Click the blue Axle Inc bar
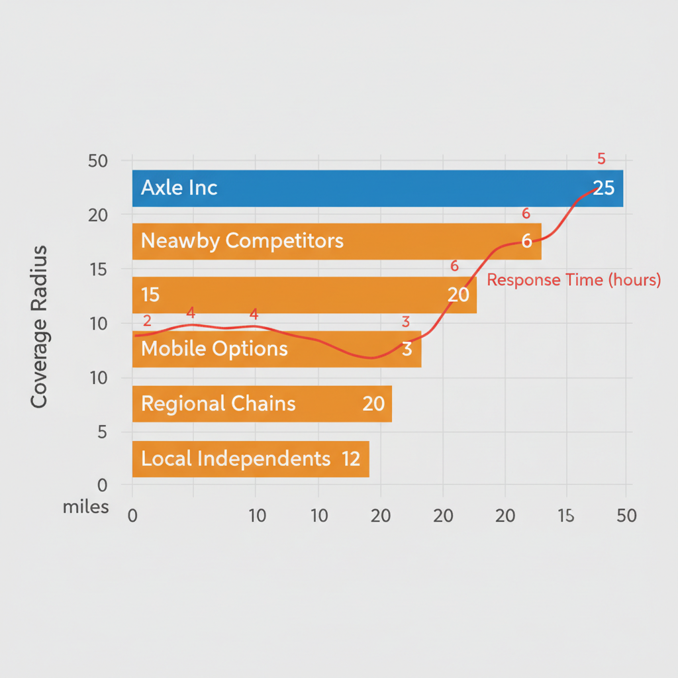tap(377, 188)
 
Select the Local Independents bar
tap(250, 459)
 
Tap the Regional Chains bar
tap(262, 403)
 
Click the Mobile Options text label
tap(215, 348)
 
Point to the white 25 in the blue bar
tap(603, 188)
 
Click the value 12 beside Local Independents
tap(351, 459)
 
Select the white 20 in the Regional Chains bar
tap(373, 403)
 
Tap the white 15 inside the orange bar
tap(150, 294)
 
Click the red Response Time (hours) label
tap(573, 280)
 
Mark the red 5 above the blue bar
tap(601, 159)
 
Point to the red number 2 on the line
tap(147, 321)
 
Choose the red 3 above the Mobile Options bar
tap(406, 322)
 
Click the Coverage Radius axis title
tap(39, 326)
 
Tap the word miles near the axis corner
tap(85, 508)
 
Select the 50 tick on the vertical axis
tap(98, 161)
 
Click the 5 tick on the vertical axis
tap(103, 432)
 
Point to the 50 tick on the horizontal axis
tap(626, 516)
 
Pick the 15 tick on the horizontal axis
tap(565, 516)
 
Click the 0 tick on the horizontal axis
tap(132, 516)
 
